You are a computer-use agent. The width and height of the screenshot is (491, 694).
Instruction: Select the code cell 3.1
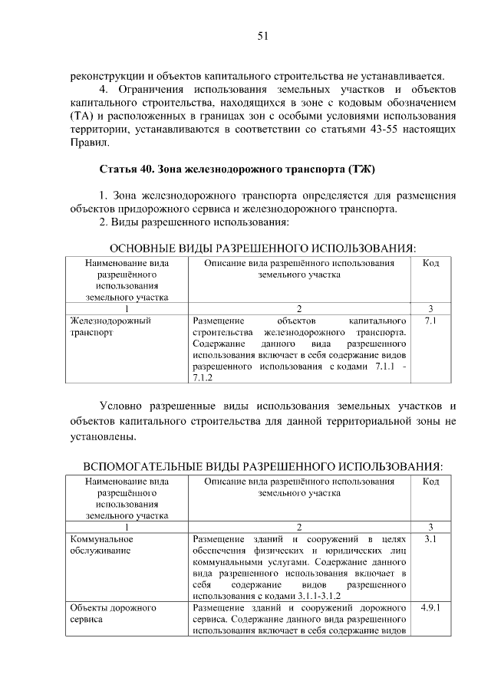430,539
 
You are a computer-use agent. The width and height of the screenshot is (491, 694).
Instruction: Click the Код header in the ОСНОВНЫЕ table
430,263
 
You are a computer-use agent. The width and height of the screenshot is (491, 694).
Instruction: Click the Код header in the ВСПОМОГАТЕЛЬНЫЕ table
430,482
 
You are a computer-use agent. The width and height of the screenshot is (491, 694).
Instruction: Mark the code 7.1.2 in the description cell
203,378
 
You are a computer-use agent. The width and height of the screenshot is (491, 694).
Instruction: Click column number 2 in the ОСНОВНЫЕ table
299,308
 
